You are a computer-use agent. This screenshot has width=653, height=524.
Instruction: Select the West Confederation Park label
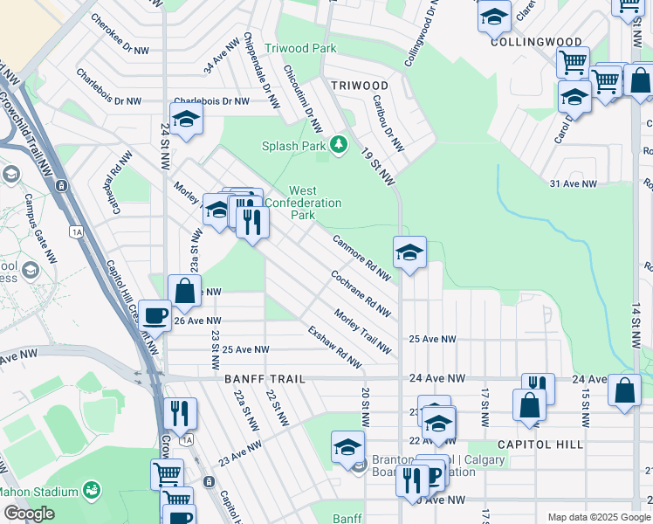coord(302,203)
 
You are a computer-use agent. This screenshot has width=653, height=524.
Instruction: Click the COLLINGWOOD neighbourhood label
coord(536,41)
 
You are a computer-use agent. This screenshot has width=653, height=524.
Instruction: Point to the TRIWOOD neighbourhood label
coord(360,85)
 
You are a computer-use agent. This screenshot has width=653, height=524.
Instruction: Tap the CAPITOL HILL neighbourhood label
coord(540,444)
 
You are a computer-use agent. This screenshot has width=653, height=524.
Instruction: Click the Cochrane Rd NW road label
coord(360,292)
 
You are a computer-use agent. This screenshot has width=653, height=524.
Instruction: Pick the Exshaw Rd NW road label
coord(334,347)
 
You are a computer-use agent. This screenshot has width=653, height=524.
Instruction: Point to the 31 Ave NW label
coord(573,184)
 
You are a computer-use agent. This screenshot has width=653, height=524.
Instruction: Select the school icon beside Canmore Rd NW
coord(409,252)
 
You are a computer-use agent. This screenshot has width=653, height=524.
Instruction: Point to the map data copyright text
coord(598,516)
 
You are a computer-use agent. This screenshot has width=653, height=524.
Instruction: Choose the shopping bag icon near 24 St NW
coord(185,290)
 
